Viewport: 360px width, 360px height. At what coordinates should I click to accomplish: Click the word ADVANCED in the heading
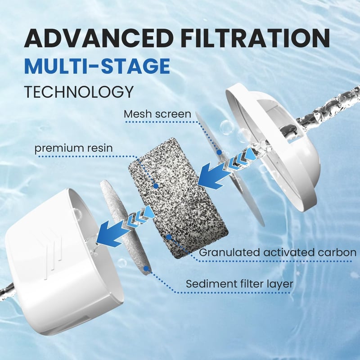click(99, 38)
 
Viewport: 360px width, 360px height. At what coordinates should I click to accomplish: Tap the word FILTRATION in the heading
click(255, 38)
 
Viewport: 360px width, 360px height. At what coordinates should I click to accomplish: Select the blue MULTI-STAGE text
click(97, 66)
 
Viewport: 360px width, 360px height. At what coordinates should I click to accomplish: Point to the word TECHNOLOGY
click(79, 92)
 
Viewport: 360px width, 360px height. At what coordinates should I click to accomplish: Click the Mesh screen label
click(157, 114)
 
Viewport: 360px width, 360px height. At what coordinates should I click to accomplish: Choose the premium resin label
click(74, 148)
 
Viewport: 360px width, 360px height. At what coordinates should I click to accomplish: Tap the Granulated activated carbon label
click(278, 252)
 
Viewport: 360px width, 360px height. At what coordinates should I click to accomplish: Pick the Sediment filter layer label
click(239, 284)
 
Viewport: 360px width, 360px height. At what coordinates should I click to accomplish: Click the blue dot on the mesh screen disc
click(220, 152)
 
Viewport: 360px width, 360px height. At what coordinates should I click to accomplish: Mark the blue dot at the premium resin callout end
click(156, 186)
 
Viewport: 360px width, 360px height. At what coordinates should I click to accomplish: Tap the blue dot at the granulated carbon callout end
click(169, 237)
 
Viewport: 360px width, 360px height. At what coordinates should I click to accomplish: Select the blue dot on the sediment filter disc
click(146, 268)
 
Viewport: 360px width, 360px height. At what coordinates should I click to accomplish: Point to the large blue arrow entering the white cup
click(111, 232)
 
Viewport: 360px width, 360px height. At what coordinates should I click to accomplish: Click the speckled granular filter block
click(178, 198)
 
